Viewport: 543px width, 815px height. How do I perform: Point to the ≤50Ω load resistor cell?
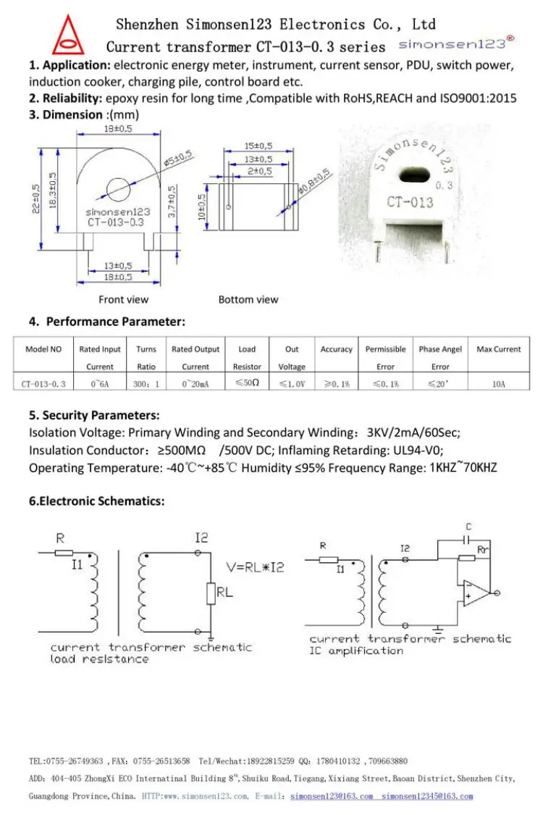coord(247,383)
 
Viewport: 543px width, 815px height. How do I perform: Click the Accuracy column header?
coord(336,349)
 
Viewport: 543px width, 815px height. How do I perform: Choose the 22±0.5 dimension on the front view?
coord(37,197)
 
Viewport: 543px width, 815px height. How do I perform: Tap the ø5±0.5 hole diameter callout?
coord(177,159)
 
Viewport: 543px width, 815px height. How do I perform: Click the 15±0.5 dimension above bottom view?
coord(258,146)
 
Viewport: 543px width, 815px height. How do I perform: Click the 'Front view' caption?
coord(124,299)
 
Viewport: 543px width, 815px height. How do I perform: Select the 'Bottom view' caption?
coord(248,299)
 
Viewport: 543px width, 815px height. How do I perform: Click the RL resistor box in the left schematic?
coord(211,593)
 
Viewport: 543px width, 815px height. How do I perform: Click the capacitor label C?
coord(468,527)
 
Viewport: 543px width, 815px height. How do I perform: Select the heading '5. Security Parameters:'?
coord(94,415)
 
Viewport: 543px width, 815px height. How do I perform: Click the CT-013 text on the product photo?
coord(410,202)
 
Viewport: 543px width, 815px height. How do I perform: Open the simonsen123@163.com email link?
coord(331,796)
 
